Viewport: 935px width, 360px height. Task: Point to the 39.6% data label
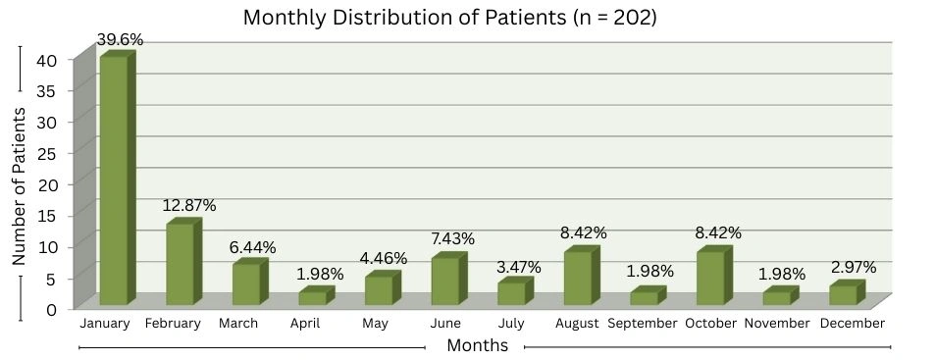pos(121,40)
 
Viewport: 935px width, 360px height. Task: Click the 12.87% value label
pos(190,206)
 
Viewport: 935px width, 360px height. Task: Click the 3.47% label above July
pos(519,267)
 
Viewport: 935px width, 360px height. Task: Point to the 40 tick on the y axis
pos(59,60)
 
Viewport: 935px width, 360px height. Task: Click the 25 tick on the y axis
pos(59,153)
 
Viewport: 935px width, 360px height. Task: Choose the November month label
pos(777,323)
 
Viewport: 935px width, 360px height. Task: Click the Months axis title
pos(477,345)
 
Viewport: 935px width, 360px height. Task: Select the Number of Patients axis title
pos(19,186)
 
